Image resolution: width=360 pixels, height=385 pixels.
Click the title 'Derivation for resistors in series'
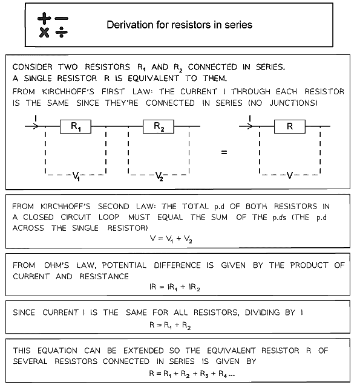pos(179,25)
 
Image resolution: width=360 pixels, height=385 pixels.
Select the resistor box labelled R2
pos(159,127)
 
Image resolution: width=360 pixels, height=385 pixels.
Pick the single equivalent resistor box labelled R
pos(290,127)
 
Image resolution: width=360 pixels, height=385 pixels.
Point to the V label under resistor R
pos(290,176)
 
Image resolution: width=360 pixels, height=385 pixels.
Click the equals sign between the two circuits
pos(224,153)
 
